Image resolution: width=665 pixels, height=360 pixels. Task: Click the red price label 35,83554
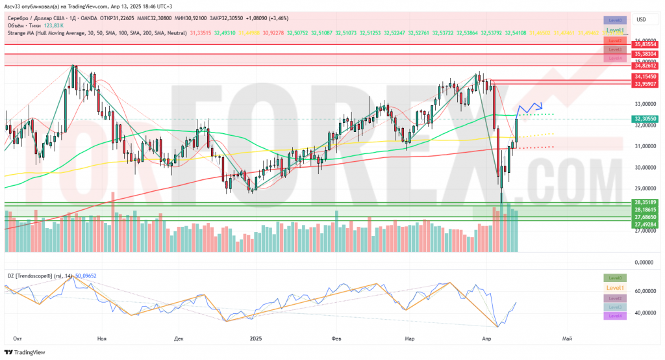646,44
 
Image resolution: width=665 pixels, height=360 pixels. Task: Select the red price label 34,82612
646,66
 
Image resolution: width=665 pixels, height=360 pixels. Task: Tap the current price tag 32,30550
646,119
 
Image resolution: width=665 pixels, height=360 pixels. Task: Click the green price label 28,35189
646,203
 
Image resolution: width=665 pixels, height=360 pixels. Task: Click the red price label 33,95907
646,83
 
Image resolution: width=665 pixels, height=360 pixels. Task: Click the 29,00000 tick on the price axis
646,188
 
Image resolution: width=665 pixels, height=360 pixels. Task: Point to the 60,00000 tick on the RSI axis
646,291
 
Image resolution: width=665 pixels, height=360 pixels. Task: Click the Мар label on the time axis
409,339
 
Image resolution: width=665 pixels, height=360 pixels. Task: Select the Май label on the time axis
567,339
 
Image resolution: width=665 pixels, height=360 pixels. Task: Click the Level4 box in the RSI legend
614,316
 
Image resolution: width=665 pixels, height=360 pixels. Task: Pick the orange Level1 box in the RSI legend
614,287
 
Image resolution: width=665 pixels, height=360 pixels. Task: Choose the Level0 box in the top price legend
614,20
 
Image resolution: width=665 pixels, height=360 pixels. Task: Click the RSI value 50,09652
86,276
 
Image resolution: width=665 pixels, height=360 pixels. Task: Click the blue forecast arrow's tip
542,107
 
